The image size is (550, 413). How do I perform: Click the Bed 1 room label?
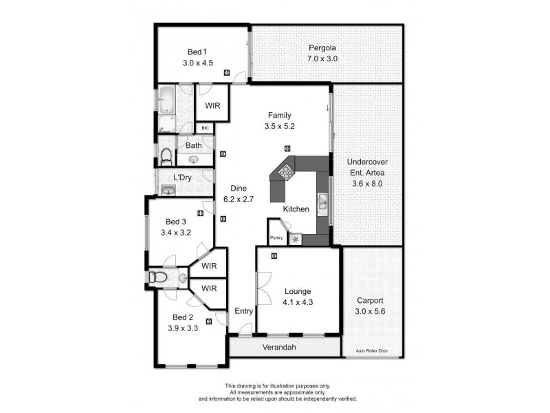[x=197, y=52]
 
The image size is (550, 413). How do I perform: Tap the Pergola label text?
[x=322, y=48]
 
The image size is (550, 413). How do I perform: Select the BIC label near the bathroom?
[x=205, y=128]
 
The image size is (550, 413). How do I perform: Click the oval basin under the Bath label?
[x=194, y=159]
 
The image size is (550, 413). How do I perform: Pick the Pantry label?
[x=276, y=238]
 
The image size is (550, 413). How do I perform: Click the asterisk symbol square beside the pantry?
[x=296, y=239]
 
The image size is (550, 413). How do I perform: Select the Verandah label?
[x=279, y=347]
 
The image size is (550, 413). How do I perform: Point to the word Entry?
[x=244, y=311]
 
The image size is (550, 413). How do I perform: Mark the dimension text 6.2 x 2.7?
[x=239, y=200]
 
